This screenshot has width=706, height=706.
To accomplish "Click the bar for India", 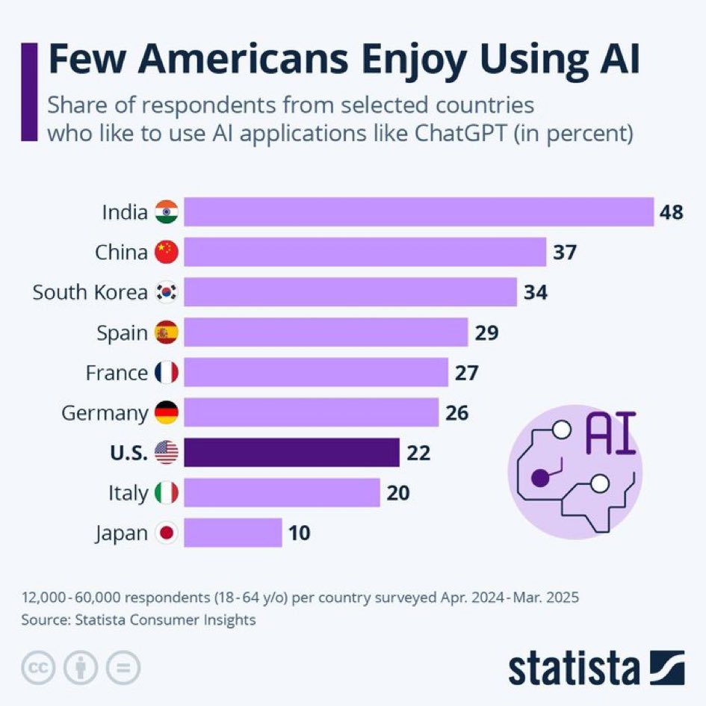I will (418, 212).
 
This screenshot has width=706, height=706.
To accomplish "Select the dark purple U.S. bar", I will (291, 453).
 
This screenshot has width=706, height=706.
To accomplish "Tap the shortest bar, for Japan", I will (233, 533).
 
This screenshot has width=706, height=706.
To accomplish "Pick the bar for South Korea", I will (350, 292).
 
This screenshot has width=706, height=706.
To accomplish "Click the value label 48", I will (671, 213).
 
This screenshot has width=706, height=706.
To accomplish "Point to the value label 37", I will (564, 253).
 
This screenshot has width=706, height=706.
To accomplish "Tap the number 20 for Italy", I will (397, 493).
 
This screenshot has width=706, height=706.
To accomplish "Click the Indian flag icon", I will (166, 213).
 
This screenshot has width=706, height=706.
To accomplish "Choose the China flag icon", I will (166, 253).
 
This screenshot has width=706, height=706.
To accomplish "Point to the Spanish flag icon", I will (166, 332).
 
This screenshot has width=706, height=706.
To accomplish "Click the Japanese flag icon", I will (166, 533).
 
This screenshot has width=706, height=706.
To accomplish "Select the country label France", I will (117, 373).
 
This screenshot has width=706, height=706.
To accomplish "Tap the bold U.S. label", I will (128, 453).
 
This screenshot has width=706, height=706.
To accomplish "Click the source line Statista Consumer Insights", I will (139, 619).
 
